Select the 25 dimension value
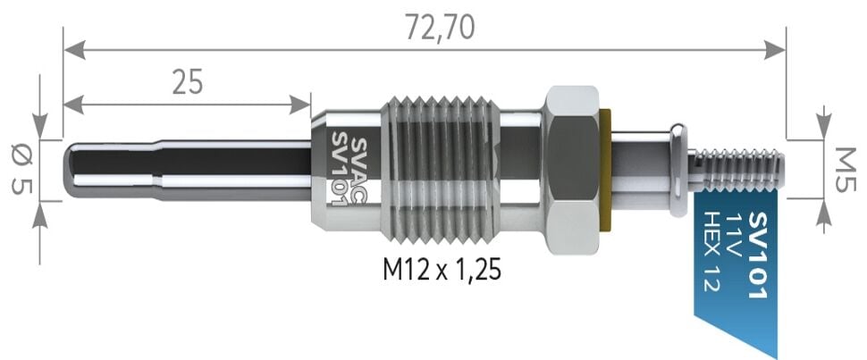[187, 81]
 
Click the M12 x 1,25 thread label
[442, 268]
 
